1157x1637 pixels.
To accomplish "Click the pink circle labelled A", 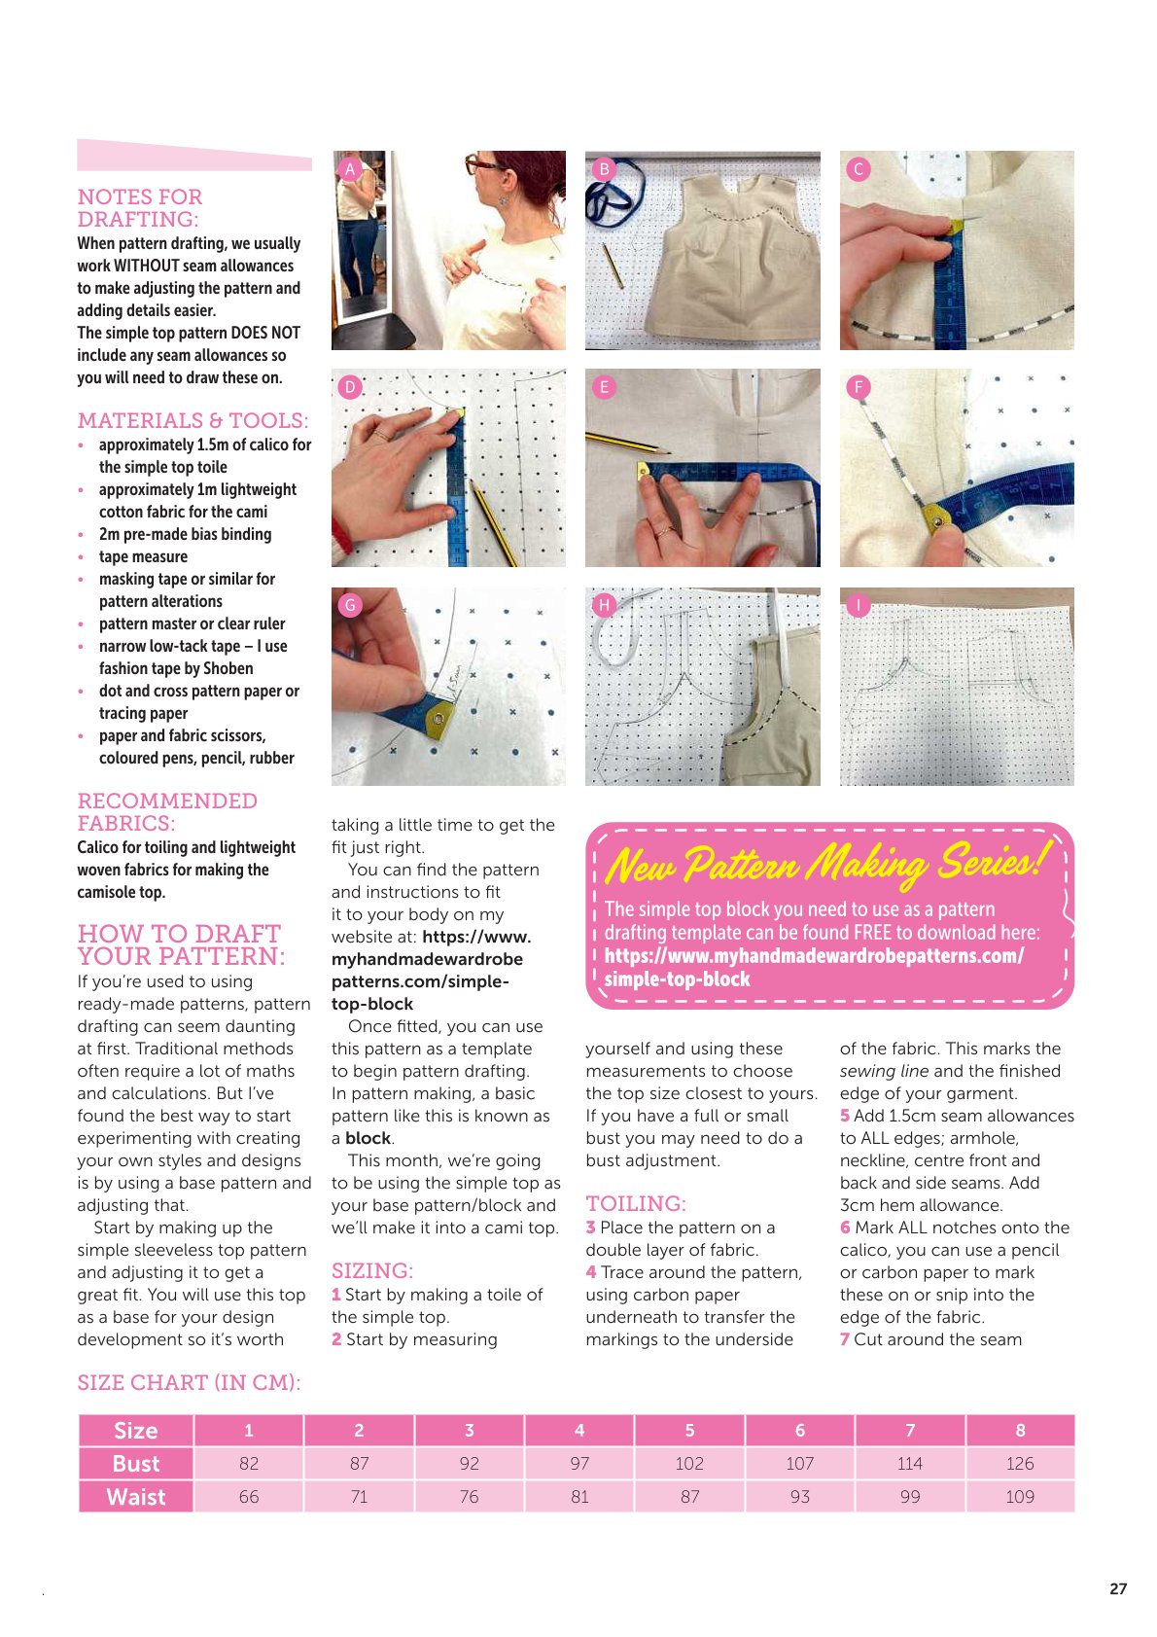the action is (x=350, y=169).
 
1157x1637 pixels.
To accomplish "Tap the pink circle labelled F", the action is (x=859, y=387).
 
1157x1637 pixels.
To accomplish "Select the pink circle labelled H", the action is (x=604, y=605).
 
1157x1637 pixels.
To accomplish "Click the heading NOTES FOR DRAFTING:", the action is (x=139, y=207).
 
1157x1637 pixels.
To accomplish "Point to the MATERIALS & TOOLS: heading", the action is (x=193, y=421).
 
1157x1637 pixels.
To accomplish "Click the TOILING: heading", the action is (x=636, y=1203).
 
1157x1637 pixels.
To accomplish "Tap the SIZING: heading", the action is (x=371, y=1271).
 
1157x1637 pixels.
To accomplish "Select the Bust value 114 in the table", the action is (x=910, y=1463).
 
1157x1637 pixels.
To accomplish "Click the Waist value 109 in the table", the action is (x=1020, y=1497).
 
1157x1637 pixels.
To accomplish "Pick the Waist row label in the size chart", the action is (x=136, y=1497).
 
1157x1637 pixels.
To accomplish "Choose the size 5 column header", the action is (x=689, y=1430).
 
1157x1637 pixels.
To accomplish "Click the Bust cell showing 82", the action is (x=249, y=1463).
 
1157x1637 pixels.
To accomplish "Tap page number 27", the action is (x=1117, y=1588).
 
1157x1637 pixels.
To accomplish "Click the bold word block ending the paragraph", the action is (x=368, y=1139).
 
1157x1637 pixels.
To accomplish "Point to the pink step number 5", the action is (x=844, y=1116).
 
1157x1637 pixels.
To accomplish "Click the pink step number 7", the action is (x=844, y=1339).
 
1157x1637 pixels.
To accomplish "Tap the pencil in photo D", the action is (x=493, y=521).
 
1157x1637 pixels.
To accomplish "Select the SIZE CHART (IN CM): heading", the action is (x=190, y=1383).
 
